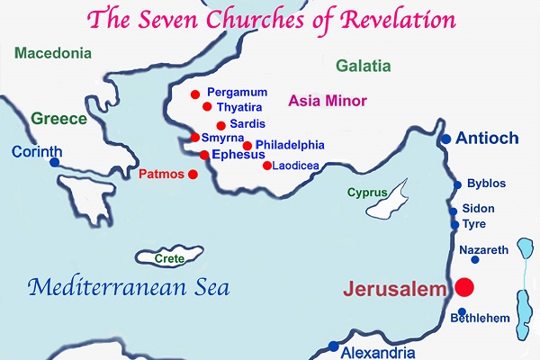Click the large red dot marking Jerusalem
pos(464,288)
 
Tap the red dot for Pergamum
pos(193,94)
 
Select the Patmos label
pos(162,173)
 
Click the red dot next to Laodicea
pos(266,165)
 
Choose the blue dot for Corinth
pos(55,163)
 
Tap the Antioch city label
pos(487,139)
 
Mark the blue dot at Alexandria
pos(333,346)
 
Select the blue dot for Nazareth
pos(474,260)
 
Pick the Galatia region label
pos(363,66)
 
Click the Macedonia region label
pos(51,52)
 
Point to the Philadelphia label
pos(290,144)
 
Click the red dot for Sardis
pos(220,125)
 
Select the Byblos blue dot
pos(457,184)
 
